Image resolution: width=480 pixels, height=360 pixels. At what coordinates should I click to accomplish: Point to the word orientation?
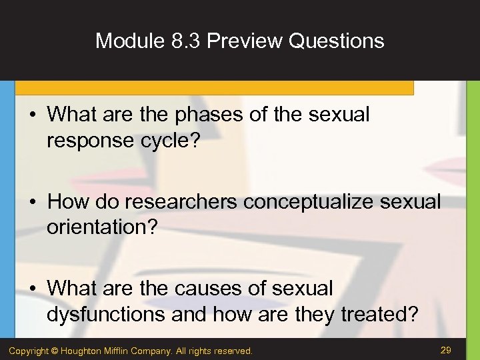coord(102,228)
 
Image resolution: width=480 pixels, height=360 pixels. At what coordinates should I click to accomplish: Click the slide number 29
coord(447,350)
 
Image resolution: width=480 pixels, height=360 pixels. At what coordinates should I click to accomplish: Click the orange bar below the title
coord(213,87)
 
